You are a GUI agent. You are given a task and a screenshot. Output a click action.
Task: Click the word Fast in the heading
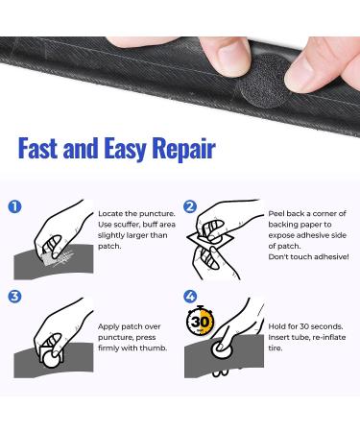point(44,149)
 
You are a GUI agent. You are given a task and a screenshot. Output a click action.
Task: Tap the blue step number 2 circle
point(190,206)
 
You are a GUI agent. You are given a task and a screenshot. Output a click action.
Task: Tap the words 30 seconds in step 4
point(319,324)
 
